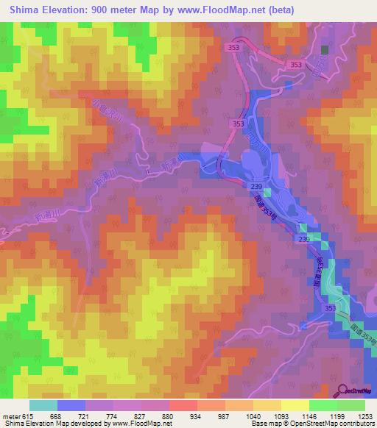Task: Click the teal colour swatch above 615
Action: (x=43, y=404)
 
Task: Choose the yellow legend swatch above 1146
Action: (x=295, y=404)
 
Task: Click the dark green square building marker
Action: (x=324, y=49)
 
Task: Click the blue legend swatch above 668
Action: (x=71, y=404)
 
